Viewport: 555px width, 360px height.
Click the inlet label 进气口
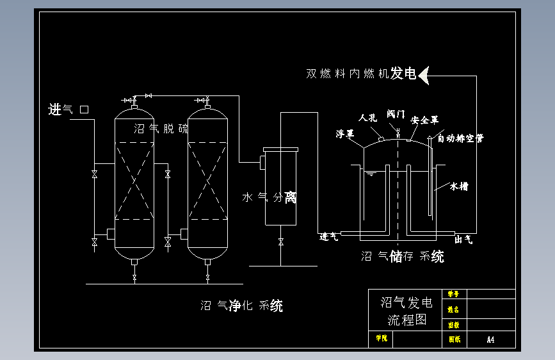(x=68, y=110)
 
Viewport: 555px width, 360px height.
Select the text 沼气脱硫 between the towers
(x=161, y=129)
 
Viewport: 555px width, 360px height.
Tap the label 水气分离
(x=269, y=197)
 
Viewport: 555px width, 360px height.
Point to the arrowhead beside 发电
(x=424, y=74)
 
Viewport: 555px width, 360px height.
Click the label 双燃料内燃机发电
(x=361, y=74)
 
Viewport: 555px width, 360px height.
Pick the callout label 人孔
(x=367, y=118)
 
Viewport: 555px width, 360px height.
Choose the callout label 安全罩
(x=424, y=120)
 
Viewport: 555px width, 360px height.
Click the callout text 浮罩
(x=346, y=133)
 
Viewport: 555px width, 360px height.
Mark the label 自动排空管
(x=460, y=138)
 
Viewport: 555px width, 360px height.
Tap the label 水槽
(x=459, y=186)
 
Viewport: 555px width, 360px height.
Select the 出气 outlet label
(x=463, y=240)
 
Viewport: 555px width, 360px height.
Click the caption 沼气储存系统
(x=403, y=257)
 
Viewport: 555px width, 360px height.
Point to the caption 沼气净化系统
(x=241, y=306)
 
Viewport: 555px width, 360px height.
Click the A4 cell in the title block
(x=490, y=340)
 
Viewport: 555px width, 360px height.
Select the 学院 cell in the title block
(x=382, y=338)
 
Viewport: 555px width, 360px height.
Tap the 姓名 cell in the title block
(x=453, y=309)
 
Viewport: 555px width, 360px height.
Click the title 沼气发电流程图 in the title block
(x=406, y=311)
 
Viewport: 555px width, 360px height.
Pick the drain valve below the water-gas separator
(x=280, y=241)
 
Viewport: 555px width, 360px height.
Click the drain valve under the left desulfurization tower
(x=134, y=277)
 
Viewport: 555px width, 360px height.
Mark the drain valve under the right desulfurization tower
(x=208, y=277)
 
